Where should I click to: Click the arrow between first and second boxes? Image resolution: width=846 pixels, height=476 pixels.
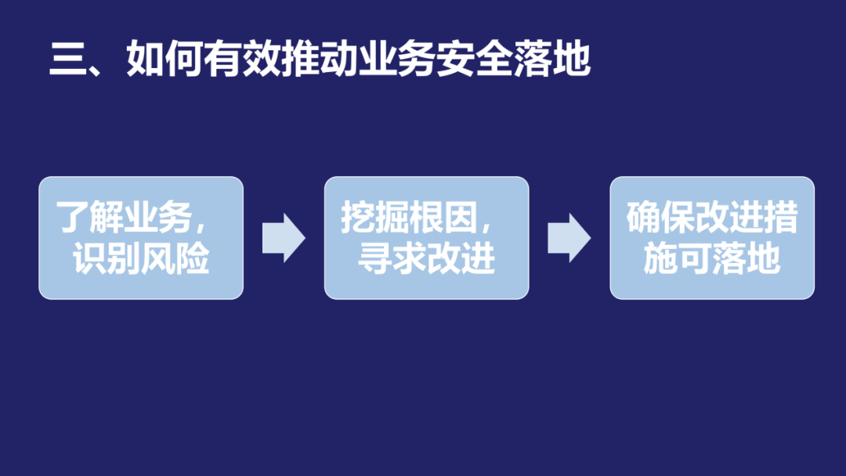pos(284,238)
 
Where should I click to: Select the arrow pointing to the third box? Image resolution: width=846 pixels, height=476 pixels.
pos(569,238)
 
